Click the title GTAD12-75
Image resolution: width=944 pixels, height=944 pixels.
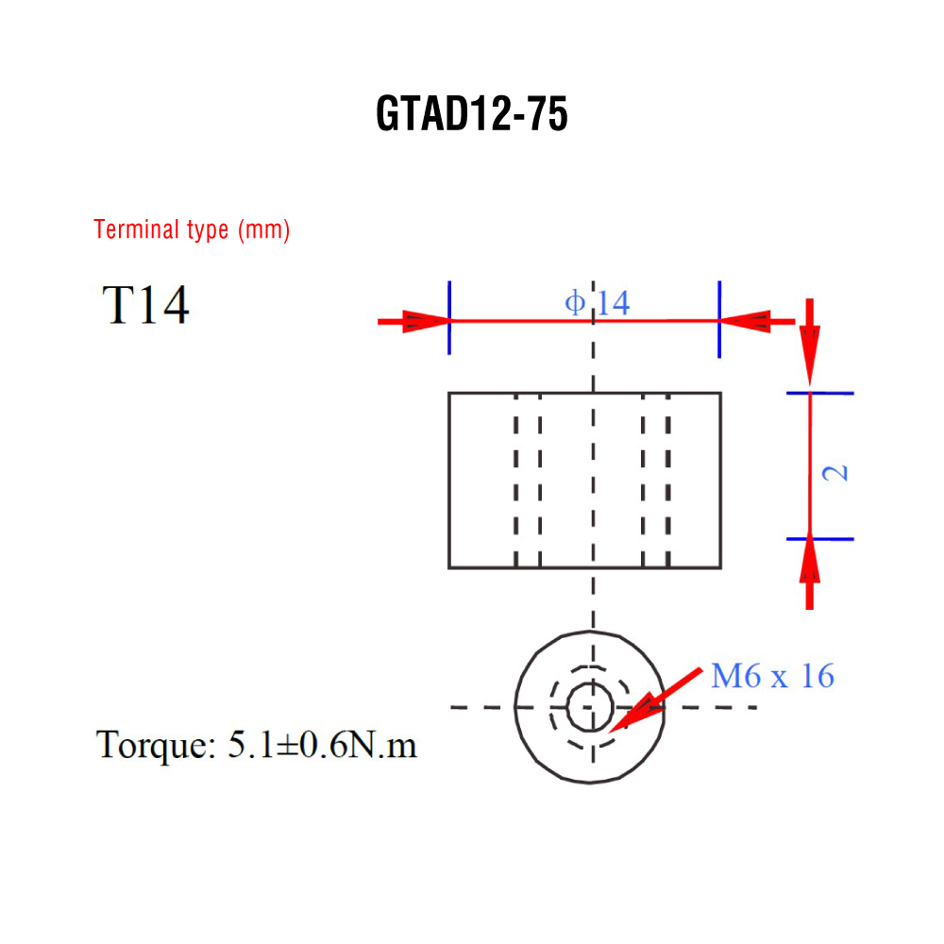pyautogui.click(x=471, y=113)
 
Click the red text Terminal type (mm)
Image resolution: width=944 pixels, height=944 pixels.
pyautogui.click(x=192, y=229)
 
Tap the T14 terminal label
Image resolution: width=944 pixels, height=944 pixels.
pyautogui.click(x=145, y=305)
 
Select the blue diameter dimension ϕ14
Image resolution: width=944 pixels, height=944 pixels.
pyautogui.click(x=598, y=302)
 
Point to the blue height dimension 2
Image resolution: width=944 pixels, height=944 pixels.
pyautogui.click(x=835, y=473)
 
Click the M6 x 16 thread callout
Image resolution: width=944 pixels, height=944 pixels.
pyautogui.click(x=772, y=676)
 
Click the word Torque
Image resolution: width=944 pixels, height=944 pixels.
pyautogui.click(x=156, y=746)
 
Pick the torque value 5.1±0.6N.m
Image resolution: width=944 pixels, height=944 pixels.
pyautogui.click(x=322, y=745)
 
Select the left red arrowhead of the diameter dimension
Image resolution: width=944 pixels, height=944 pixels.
pyautogui.click(x=427, y=321)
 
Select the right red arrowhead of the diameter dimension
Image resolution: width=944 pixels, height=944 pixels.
pyautogui.click(x=745, y=321)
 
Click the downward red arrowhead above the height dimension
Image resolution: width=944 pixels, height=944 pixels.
pyautogui.click(x=810, y=355)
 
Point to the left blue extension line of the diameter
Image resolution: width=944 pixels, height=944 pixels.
pyautogui.click(x=449, y=317)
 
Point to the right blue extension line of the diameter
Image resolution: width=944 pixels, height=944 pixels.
pyautogui.click(x=719, y=319)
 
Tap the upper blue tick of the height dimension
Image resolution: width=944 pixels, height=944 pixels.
pyautogui.click(x=820, y=393)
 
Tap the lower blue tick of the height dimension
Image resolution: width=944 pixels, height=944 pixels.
pyautogui.click(x=820, y=539)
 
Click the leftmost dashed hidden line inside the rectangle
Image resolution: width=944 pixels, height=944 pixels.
pyautogui.click(x=516, y=480)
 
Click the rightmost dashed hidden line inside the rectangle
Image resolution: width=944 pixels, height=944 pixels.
pyautogui.click(x=667, y=480)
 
